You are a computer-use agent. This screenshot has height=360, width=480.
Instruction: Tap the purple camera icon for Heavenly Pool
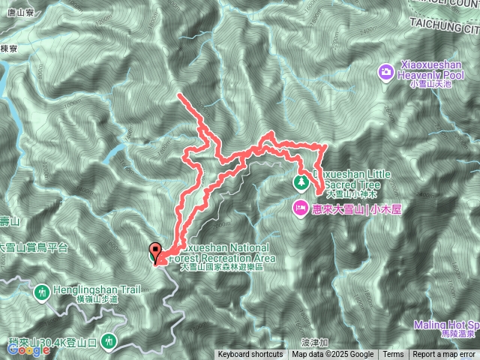(385, 72)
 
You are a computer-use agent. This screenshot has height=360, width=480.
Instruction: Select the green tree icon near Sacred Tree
(300, 181)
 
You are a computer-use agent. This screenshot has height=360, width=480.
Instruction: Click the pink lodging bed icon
(300, 208)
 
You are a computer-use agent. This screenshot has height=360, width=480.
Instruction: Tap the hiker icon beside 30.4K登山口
(110, 340)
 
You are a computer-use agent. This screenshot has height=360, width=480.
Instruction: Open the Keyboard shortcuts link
(251, 355)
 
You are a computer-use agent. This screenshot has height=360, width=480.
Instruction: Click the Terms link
(393, 355)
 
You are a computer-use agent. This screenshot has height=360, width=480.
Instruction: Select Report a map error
(445, 355)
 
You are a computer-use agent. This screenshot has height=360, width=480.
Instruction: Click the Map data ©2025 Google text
(333, 355)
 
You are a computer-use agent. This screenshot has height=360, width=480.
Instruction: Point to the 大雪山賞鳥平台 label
(33, 247)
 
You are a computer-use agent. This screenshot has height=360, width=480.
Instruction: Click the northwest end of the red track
(179, 94)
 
